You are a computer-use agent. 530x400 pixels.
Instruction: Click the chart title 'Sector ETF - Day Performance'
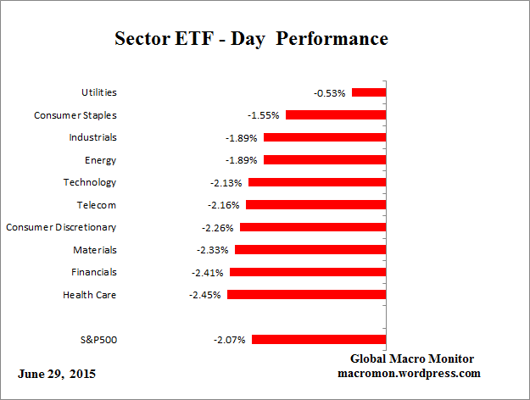coord(251,40)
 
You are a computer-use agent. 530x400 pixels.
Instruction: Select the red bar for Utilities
coord(369,92)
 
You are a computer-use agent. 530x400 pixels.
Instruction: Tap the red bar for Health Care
coord(306,295)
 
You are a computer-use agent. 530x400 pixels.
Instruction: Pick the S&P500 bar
coord(319,340)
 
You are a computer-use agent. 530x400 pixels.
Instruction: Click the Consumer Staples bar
coord(336,115)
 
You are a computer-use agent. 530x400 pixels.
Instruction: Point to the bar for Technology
coord(317,182)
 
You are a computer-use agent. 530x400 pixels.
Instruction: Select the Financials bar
coord(308,272)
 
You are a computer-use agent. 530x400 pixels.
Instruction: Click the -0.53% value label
coord(329,93)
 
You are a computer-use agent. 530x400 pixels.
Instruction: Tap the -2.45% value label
coord(204,296)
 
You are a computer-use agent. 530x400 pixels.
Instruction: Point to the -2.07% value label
coord(229,341)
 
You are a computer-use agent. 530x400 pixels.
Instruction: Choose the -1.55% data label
coord(263,115)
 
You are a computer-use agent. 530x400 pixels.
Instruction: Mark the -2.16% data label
coord(224,205)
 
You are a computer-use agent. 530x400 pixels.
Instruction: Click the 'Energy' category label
coord(100,160)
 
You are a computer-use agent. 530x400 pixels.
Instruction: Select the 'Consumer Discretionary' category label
coord(61,227)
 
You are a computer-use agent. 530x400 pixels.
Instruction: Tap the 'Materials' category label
coord(94,250)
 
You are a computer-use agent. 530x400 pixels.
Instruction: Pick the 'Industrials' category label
coord(92,137)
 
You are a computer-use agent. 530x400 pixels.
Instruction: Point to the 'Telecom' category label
coord(96,205)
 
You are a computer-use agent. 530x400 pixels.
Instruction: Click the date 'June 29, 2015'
coord(56,373)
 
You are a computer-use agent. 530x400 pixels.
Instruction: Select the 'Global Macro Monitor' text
coord(412,358)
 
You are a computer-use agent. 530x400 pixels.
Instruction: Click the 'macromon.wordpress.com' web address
coord(410,373)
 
